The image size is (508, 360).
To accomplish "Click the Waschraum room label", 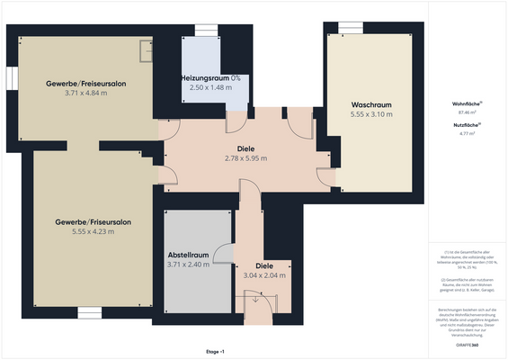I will tap(371, 104).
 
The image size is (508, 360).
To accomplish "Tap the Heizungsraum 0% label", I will tap(209, 78).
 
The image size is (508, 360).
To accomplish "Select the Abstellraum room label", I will tap(188, 255).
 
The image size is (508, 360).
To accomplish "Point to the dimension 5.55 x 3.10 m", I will tap(371, 114).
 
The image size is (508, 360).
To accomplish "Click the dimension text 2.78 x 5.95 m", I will tap(245, 158).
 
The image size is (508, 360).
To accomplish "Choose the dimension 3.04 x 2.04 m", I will tap(264, 275).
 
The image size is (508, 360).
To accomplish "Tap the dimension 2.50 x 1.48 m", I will tap(209, 88).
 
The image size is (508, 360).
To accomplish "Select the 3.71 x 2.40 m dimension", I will tap(188, 265).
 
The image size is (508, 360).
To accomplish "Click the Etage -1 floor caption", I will tap(215, 351).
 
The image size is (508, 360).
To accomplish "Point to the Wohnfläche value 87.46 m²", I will tap(467, 112).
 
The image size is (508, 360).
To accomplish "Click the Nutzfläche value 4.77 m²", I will tap(467, 133).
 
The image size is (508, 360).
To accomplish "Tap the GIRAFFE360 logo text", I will tap(467, 345).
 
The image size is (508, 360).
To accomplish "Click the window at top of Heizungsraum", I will tap(206, 31).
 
